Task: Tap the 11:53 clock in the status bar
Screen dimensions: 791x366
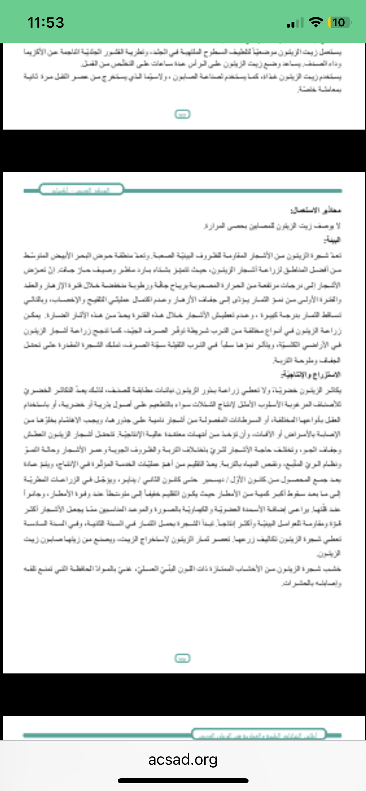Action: point(46,22)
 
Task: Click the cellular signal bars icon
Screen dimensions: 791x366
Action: point(295,23)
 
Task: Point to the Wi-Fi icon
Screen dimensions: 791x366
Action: point(315,22)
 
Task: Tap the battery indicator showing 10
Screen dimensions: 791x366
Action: point(340,22)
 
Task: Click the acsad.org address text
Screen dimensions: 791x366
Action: point(183,759)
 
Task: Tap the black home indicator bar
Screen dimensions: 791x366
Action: point(183,781)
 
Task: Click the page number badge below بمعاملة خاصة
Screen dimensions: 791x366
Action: point(183,114)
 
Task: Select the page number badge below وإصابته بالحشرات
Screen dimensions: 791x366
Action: point(183,658)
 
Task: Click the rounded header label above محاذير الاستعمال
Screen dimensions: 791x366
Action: point(81,189)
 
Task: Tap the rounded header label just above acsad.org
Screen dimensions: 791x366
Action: point(259,734)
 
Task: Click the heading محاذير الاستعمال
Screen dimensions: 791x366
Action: point(316,210)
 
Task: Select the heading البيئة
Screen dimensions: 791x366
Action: point(332,240)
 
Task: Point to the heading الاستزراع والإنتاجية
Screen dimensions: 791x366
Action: point(311,374)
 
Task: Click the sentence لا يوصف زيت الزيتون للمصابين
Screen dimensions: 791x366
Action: point(272,225)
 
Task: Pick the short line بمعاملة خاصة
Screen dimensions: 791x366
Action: point(319,89)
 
